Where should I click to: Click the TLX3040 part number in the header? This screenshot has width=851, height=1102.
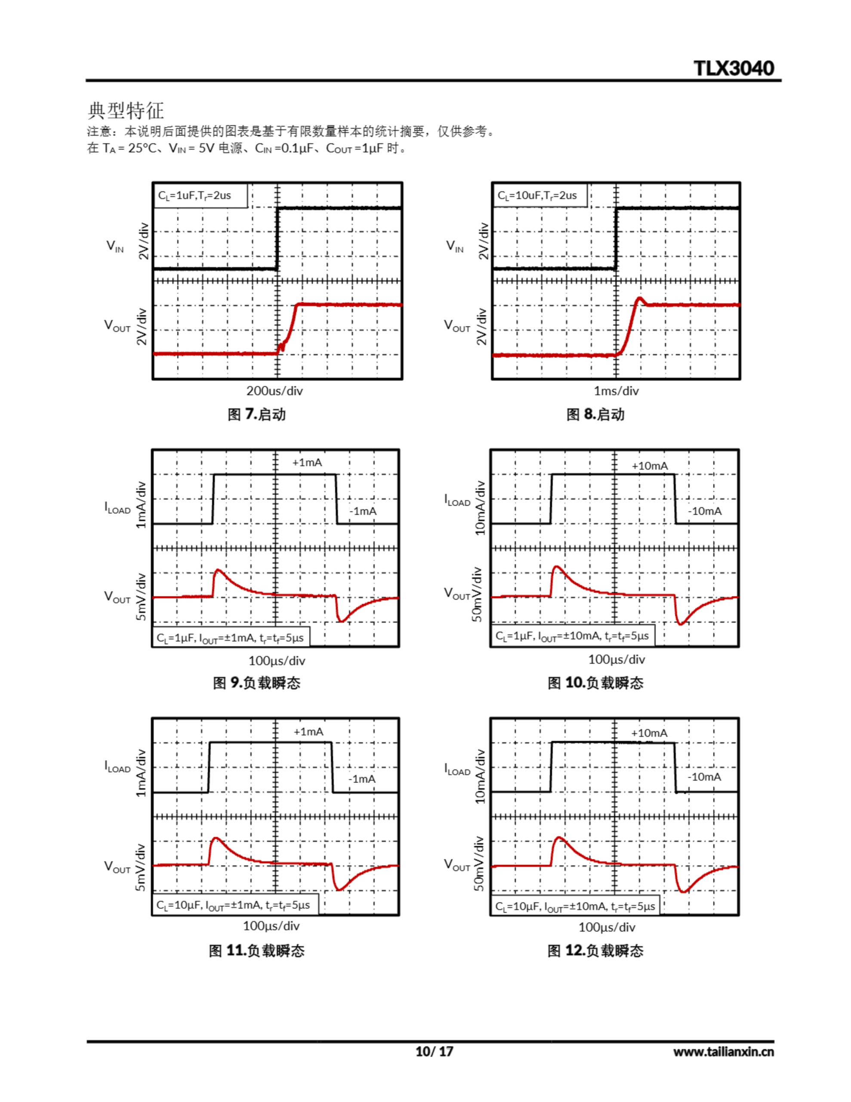tap(734, 68)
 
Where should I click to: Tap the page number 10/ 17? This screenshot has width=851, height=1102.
tap(434, 1052)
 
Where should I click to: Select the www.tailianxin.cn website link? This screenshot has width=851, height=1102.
tap(723, 1052)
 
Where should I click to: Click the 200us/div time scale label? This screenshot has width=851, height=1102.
tap(274, 390)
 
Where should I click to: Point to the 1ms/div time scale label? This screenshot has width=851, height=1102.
tap(616, 390)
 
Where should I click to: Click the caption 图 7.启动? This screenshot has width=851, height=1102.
tap(257, 414)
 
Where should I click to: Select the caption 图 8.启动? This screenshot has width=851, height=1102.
tap(595, 414)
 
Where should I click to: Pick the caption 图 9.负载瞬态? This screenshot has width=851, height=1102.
tap(257, 683)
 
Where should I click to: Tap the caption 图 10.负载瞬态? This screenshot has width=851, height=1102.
tap(595, 683)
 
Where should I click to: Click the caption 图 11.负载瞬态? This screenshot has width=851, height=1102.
tap(257, 950)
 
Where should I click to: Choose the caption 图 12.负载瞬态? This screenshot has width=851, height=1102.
tap(595, 950)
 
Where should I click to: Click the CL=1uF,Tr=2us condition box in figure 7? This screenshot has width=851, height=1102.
tap(200, 195)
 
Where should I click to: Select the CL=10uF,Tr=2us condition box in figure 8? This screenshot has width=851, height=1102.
tap(539, 195)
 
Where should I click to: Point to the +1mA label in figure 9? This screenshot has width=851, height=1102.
tap(307, 463)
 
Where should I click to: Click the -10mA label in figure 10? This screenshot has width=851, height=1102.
tap(705, 511)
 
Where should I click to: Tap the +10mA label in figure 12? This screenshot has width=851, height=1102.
tap(649, 733)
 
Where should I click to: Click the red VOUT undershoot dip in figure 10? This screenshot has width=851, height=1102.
tap(681, 624)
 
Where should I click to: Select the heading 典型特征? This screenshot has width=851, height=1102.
tap(126, 110)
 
